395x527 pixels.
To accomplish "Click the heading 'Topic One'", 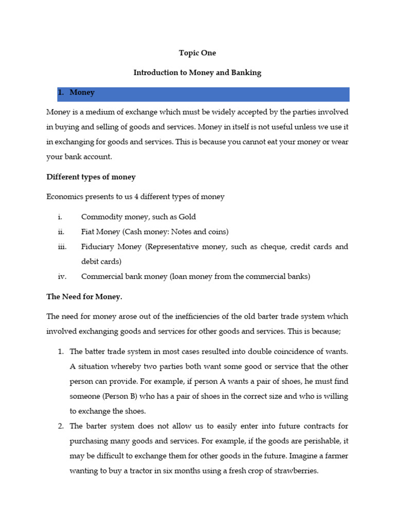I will point(197,53).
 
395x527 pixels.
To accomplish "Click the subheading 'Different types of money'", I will point(91,177).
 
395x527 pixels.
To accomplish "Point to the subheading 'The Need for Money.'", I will point(84,296).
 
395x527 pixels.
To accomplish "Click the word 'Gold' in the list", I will point(187,217).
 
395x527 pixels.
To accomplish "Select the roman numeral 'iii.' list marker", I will point(62,247).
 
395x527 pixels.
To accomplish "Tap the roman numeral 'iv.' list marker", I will point(62,276).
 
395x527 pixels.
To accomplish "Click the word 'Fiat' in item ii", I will point(89,232).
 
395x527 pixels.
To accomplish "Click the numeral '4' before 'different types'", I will point(136,197).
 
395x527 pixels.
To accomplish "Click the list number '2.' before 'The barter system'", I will point(61,426).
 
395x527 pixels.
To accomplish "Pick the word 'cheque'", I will point(272,247).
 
